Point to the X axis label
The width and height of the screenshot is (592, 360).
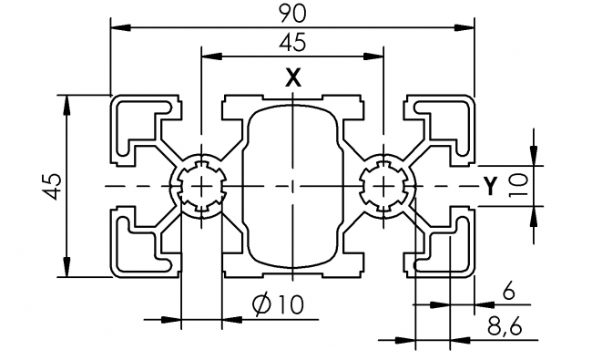pyautogui.click(x=291, y=79)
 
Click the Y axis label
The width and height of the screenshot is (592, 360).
pyautogui.click(x=490, y=186)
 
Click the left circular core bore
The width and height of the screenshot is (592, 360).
pyautogui.click(x=201, y=186)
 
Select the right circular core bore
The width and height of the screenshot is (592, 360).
pyautogui.click(x=383, y=186)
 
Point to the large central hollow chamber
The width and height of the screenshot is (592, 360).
pyautogui.click(x=291, y=186)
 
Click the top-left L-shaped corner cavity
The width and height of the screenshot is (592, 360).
pyautogui.click(x=137, y=124)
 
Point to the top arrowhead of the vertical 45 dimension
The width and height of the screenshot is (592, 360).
pyautogui.click(x=66, y=101)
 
